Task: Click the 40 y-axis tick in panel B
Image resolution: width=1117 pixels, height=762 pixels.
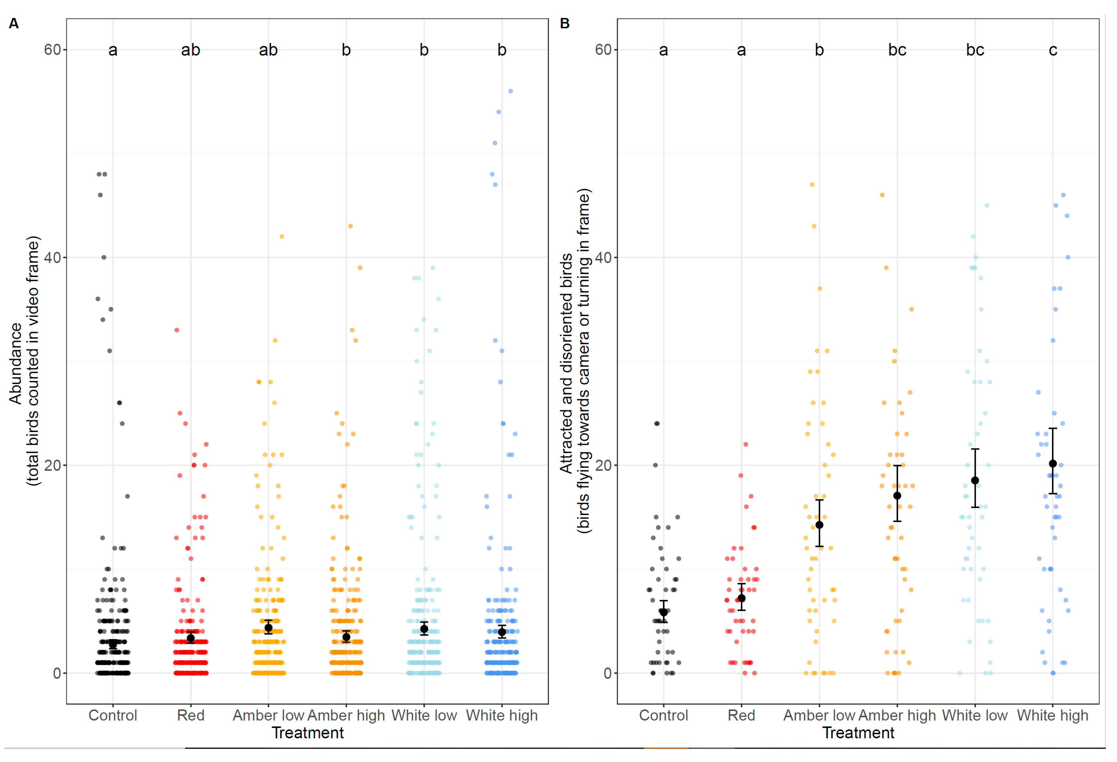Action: click(x=603, y=258)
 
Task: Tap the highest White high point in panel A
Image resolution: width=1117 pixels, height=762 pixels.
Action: click(x=510, y=91)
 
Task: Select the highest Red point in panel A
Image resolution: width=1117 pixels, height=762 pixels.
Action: click(x=177, y=330)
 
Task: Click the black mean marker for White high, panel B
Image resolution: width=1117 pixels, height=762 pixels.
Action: click(x=1053, y=463)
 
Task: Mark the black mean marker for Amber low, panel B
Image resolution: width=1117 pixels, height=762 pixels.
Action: click(x=819, y=525)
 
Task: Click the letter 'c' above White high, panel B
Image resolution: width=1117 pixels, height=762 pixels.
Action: click(x=1053, y=50)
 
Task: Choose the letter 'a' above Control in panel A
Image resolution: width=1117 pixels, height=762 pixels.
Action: click(x=112, y=50)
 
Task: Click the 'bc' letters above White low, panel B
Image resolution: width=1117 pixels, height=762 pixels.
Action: click(x=975, y=50)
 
